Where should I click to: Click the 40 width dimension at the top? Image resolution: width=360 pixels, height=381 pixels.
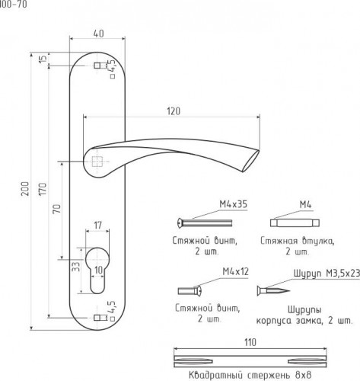tap(98, 34)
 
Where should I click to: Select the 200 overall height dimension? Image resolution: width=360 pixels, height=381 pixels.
tap(25, 188)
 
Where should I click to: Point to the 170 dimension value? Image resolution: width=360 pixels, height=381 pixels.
tap(43, 189)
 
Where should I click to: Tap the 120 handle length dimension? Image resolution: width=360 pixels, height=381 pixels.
tap(174, 111)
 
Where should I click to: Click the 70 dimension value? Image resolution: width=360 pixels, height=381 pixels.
tap(57, 209)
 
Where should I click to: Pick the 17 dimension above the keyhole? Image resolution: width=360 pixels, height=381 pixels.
tap(97, 225)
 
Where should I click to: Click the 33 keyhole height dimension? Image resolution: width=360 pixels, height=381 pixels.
tap(76, 267)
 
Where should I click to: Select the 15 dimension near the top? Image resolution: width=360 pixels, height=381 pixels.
tap(43, 59)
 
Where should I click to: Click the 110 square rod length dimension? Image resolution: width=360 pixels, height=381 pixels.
tap(250, 342)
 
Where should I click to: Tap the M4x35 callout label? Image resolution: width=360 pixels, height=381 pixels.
tap(233, 204)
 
